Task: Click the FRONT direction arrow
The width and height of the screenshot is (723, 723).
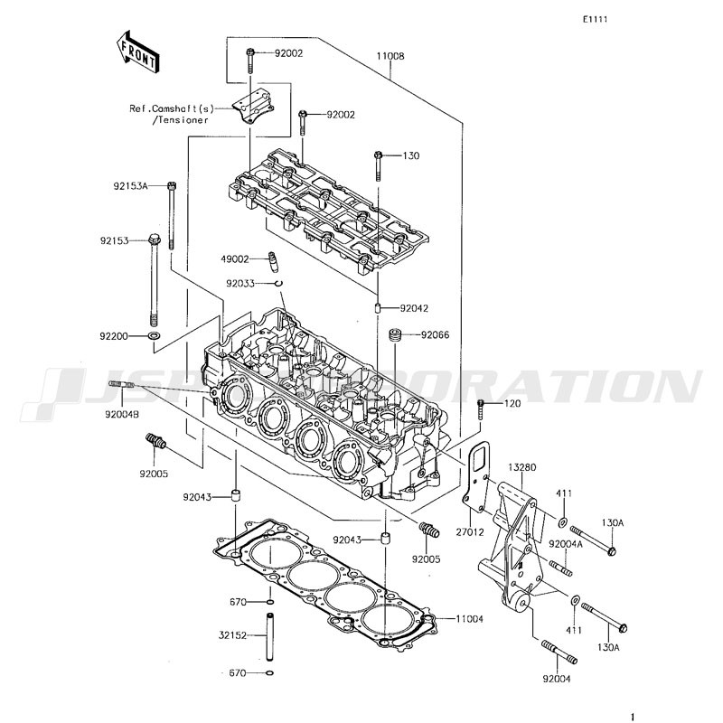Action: pyautogui.click(x=137, y=52)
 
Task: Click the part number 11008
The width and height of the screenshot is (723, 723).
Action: pyautogui.click(x=390, y=56)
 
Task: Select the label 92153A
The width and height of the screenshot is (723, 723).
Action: pyautogui.click(x=130, y=186)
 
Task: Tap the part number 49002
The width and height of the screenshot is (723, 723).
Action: pyautogui.click(x=235, y=259)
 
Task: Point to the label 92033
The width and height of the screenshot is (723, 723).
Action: pyautogui.click(x=240, y=283)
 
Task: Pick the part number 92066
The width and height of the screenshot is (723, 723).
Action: pyautogui.click(x=435, y=335)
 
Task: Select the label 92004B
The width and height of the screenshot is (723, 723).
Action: pyautogui.click(x=122, y=414)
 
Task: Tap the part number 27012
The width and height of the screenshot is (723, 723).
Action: pyautogui.click(x=470, y=532)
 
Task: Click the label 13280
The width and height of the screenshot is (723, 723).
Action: pyautogui.click(x=522, y=467)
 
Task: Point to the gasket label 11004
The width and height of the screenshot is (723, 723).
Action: pyautogui.click(x=469, y=619)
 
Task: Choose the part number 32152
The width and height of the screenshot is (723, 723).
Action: pyautogui.click(x=233, y=635)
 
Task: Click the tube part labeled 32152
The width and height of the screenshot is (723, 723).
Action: pyautogui.click(x=269, y=636)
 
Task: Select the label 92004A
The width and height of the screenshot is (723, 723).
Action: pyautogui.click(x=566, y=544)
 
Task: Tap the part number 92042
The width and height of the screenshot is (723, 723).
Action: pyautogui.click(x=414, y=308)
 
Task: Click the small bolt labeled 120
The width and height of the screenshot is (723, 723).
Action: pyautogui.click(x=481, y=409)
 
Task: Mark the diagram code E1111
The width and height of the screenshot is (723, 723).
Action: pyautogui.click(x=595, y=19)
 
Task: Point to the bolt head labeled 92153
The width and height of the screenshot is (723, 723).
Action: pyautogui.click(x=155, y=239)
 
